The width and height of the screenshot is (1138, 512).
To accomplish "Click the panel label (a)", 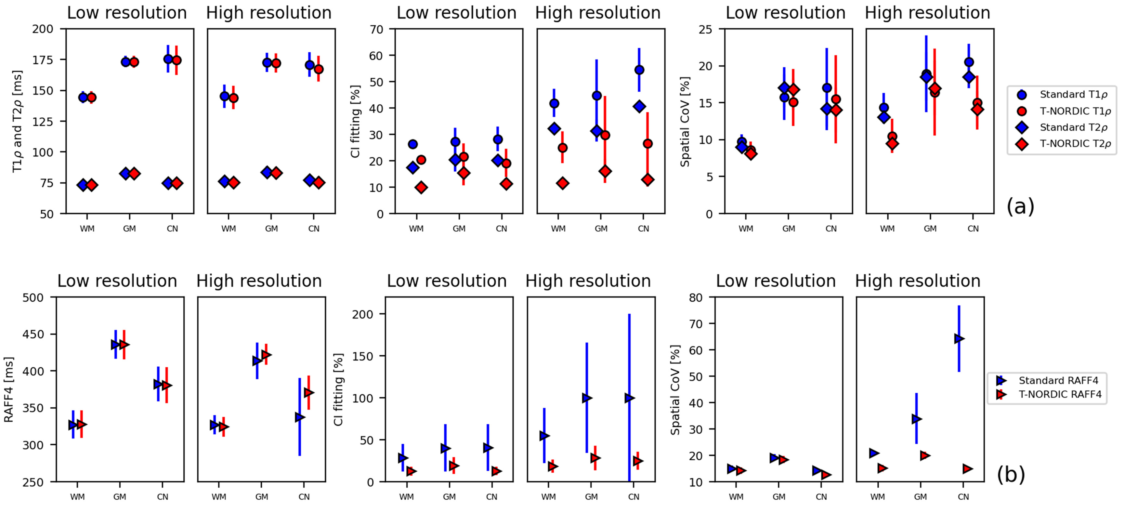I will coord(1020,206).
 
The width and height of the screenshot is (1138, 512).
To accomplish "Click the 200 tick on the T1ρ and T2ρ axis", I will coord(43,29).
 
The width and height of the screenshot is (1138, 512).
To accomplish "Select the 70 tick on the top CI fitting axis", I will coord(376,29).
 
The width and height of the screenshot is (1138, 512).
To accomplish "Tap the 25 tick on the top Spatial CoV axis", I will coord(705,29).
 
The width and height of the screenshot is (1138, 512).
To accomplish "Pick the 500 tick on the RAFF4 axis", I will coord(33,297).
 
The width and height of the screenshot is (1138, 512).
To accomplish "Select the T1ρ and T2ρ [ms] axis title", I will coord(17,121).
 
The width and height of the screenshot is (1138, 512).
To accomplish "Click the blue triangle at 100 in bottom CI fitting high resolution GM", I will coord(587,398).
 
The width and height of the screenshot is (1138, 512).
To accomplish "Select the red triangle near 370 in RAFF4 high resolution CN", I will coord(309,392).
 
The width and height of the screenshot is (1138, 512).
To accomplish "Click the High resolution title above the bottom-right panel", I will coord(918,281).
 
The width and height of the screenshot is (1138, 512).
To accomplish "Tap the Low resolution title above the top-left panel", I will coord(127,13).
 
